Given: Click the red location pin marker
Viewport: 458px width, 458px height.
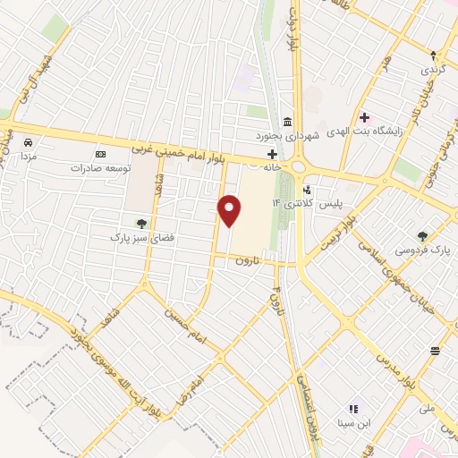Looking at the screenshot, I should point(231,209).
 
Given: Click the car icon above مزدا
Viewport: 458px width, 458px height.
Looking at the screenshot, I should point(28,141).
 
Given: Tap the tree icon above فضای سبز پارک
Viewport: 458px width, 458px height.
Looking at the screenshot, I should point(140,224).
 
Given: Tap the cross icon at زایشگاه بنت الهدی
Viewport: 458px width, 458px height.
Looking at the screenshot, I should point(364,116).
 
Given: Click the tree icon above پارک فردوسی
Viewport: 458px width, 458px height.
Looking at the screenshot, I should point(422,236).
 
